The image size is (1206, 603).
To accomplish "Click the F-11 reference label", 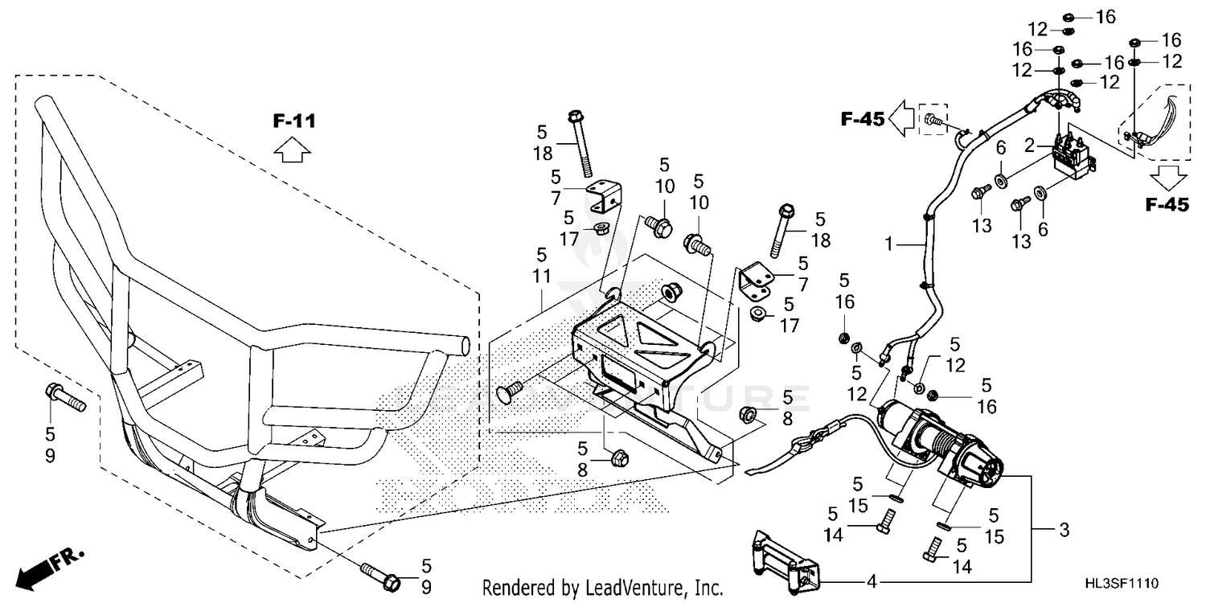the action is point(294,121).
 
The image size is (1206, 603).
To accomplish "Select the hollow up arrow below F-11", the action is point(293,150).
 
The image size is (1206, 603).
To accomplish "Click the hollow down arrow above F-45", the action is point(1167,178).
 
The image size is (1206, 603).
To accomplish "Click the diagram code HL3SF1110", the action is point(1122,583).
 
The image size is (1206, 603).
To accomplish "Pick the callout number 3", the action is point(1064,531).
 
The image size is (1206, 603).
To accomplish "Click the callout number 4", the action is point(872,581).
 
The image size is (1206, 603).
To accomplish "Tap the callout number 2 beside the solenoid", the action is point(1029,146).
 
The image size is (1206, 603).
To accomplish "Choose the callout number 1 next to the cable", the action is point(889,245).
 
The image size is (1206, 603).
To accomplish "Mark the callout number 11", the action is point(542,277).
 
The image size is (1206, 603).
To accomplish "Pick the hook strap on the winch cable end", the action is point(775,455).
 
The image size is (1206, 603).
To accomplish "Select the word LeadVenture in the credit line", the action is point(634,588).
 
